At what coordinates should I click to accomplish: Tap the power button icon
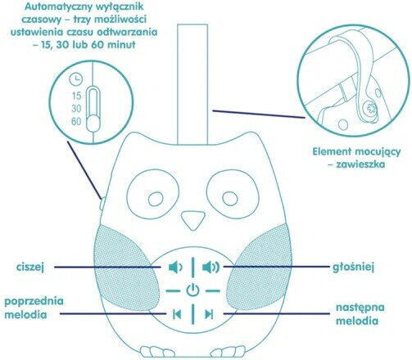(x=192, y=290)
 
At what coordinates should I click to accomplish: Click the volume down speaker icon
(x=175, y=268)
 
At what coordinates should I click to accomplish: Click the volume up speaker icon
(x=211, y=268)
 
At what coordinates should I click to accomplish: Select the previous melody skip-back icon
(x=177, y=314)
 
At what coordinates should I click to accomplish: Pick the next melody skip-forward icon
(x=209, y=314)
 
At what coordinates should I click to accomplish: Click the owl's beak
(x=192, y=220)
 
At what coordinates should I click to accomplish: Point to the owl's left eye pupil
(x=156, y=199)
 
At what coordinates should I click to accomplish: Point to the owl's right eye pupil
(x=230, y=198)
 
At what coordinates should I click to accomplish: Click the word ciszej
(x=30, y=267)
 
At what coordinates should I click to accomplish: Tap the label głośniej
(x=353, y=268)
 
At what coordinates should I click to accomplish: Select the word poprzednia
(x=34, y=301)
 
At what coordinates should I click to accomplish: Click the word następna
(x=360, y=308)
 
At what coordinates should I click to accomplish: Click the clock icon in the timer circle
(x=76, y=79)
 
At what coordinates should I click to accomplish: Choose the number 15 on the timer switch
(x=77, y=96)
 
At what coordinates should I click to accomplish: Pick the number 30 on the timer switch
(x=76, y=109)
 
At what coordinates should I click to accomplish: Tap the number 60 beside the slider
(x=76, y=121)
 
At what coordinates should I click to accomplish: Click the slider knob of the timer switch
(x=93, y=123)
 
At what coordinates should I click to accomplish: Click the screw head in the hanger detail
(x=371, y=109)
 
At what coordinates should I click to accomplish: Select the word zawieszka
(x=360, y=164)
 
